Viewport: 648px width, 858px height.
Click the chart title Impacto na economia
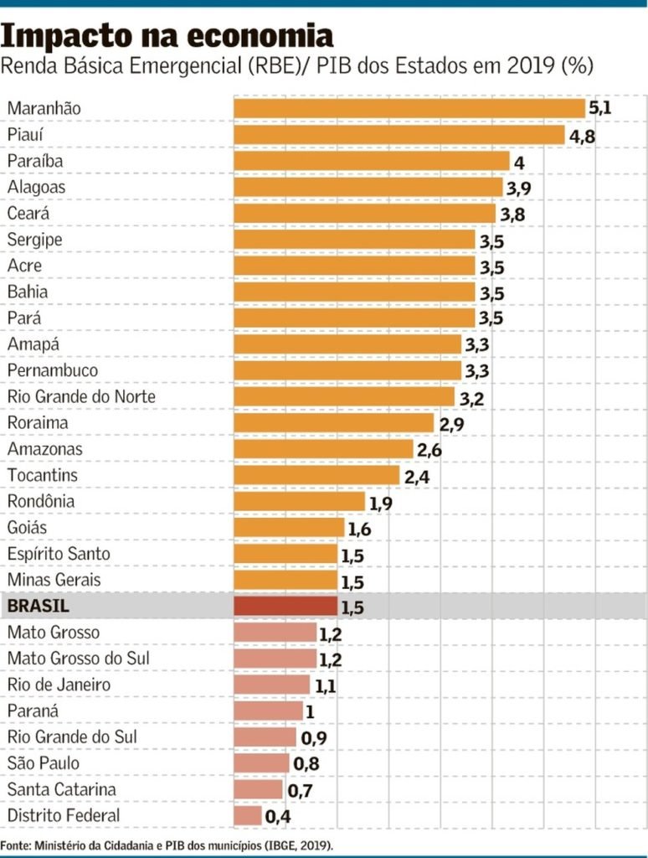coord(167,35)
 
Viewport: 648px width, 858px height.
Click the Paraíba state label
coord(35,161)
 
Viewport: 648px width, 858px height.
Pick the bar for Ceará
coord(364,213)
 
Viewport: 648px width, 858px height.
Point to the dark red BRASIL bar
coord(285,606)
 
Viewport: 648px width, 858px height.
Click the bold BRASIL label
coord(39,606)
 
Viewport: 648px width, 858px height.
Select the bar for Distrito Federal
coord(248,815)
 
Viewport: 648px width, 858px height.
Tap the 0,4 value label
coord(277,815)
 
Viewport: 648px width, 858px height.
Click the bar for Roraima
coord(333,422)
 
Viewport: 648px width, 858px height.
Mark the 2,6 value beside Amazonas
coord(429,450)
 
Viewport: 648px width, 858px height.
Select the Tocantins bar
coord(316,475)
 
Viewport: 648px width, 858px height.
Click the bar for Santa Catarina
coord(259,789)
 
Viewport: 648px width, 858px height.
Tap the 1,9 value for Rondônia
coord(380,503)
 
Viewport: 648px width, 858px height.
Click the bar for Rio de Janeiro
coord(271,685)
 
